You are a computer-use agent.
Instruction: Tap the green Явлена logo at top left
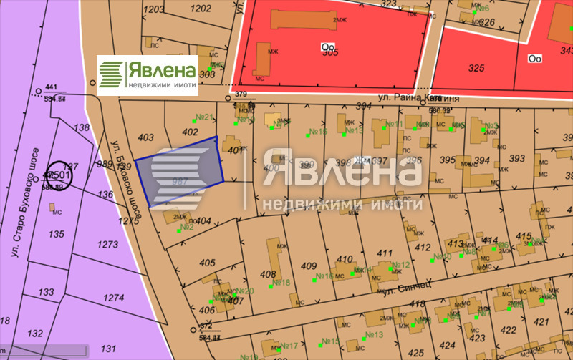[x=148, y=74]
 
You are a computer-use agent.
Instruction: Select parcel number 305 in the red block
[x=330, y=52]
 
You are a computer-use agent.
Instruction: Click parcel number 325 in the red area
[x=476, y=68]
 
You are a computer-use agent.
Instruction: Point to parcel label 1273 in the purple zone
[x=107, y=245]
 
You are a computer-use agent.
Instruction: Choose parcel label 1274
[x=114, y=297]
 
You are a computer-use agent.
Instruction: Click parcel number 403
[x=145, y=137]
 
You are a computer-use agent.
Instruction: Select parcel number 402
[x=190, y=132]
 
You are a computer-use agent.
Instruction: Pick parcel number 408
[x=268, y=274]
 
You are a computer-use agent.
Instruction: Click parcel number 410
[x=345, y=259]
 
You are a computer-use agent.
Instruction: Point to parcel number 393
[x=516, y=158]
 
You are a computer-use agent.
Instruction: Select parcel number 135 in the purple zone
[x=56, y=234]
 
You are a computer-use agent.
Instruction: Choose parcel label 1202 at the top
[x=202, y=9]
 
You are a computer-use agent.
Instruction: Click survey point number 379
[x=241, y=94]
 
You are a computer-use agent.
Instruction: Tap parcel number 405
[x=208, y=263]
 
